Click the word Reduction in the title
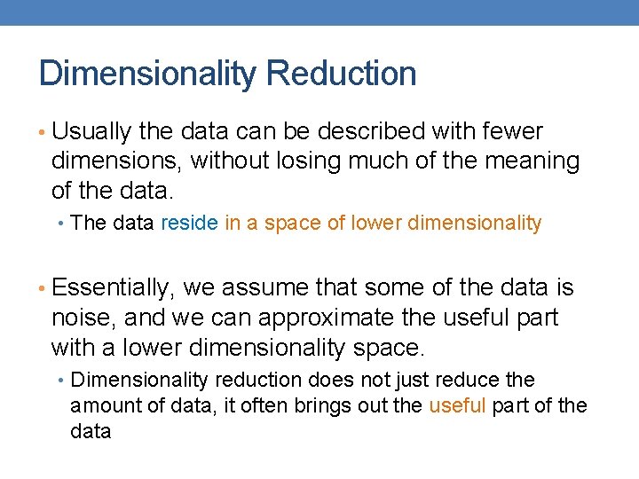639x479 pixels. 341,74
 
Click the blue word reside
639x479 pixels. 189,224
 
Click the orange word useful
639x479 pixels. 456,406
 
